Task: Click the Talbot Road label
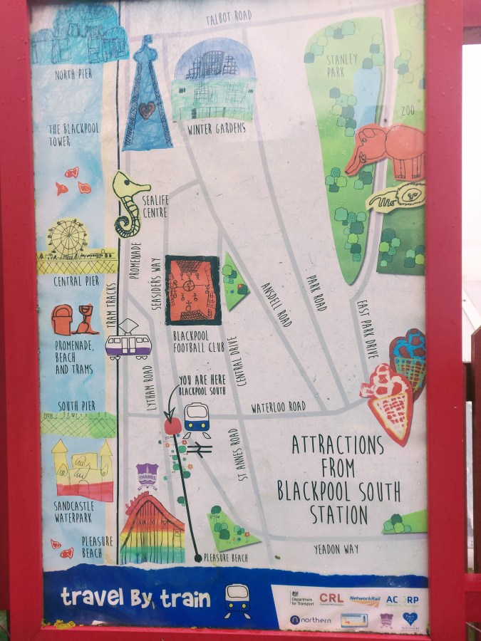tap(228, 16)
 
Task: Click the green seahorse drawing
tap(129, 203)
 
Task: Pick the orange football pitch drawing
tap(192, 290)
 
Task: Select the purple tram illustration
tap(129, 345)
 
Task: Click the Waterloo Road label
tap(278, 407)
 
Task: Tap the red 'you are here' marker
tap(172, 426)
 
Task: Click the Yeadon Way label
tap(336, 549)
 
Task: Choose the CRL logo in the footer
tap(331, 599)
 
